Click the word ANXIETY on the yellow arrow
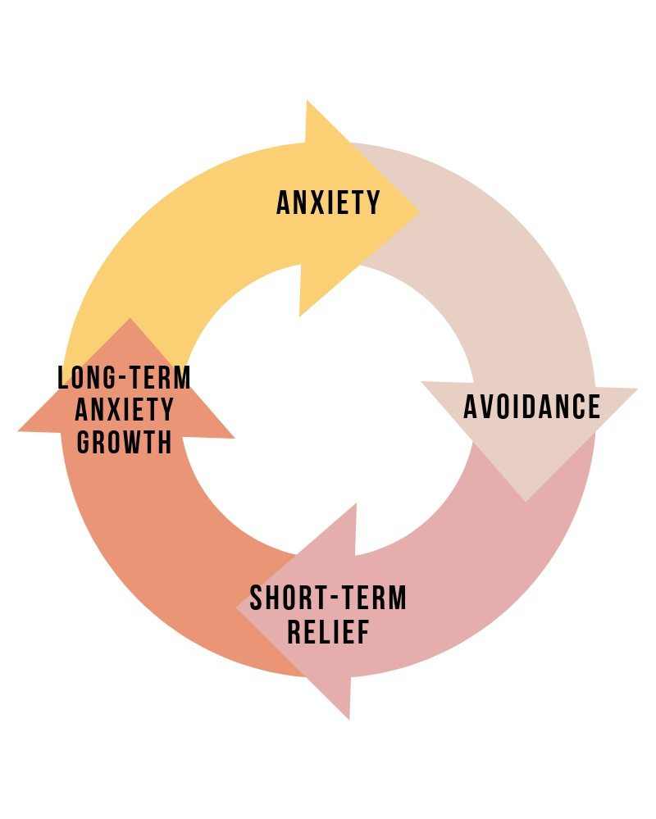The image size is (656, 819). point(329,202)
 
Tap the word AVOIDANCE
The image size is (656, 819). point(531,407)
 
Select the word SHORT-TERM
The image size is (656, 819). point(328,598)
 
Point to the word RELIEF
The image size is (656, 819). point(328,632)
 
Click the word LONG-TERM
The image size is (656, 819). point(125,378)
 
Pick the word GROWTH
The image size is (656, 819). point(125,442)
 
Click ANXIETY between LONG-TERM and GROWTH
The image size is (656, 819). point(125,410)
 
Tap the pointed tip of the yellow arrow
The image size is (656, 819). point(419,212)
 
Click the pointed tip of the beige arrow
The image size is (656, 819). point(526,500)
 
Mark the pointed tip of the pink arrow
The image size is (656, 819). point(238,609)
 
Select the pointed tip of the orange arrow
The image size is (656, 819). point(130,319)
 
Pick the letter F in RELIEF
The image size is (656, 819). point(362,632)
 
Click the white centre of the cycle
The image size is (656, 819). point(328,410)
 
